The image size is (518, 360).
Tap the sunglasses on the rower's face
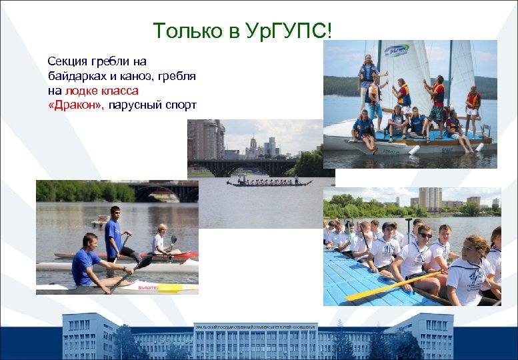[x=425, y=235]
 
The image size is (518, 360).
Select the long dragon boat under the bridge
[x=269, y=182]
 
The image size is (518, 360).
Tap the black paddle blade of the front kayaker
[x=143, y=263]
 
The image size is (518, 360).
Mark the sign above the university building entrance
[x=255, y=327]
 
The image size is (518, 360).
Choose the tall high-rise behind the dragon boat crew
[x=429, y=198]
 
